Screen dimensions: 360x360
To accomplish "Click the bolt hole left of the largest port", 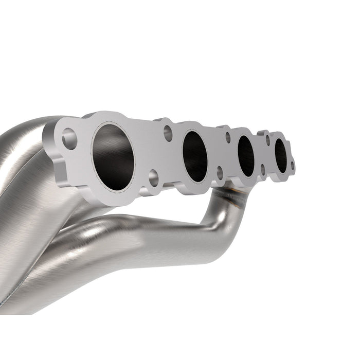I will point(69,138).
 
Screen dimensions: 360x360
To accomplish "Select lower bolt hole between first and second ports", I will point(153,178).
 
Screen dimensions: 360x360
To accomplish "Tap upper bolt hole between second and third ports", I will point(227,137).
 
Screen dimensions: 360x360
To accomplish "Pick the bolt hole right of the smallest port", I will point(293,166).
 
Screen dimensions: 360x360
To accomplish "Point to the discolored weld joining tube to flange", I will point(232,191).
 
